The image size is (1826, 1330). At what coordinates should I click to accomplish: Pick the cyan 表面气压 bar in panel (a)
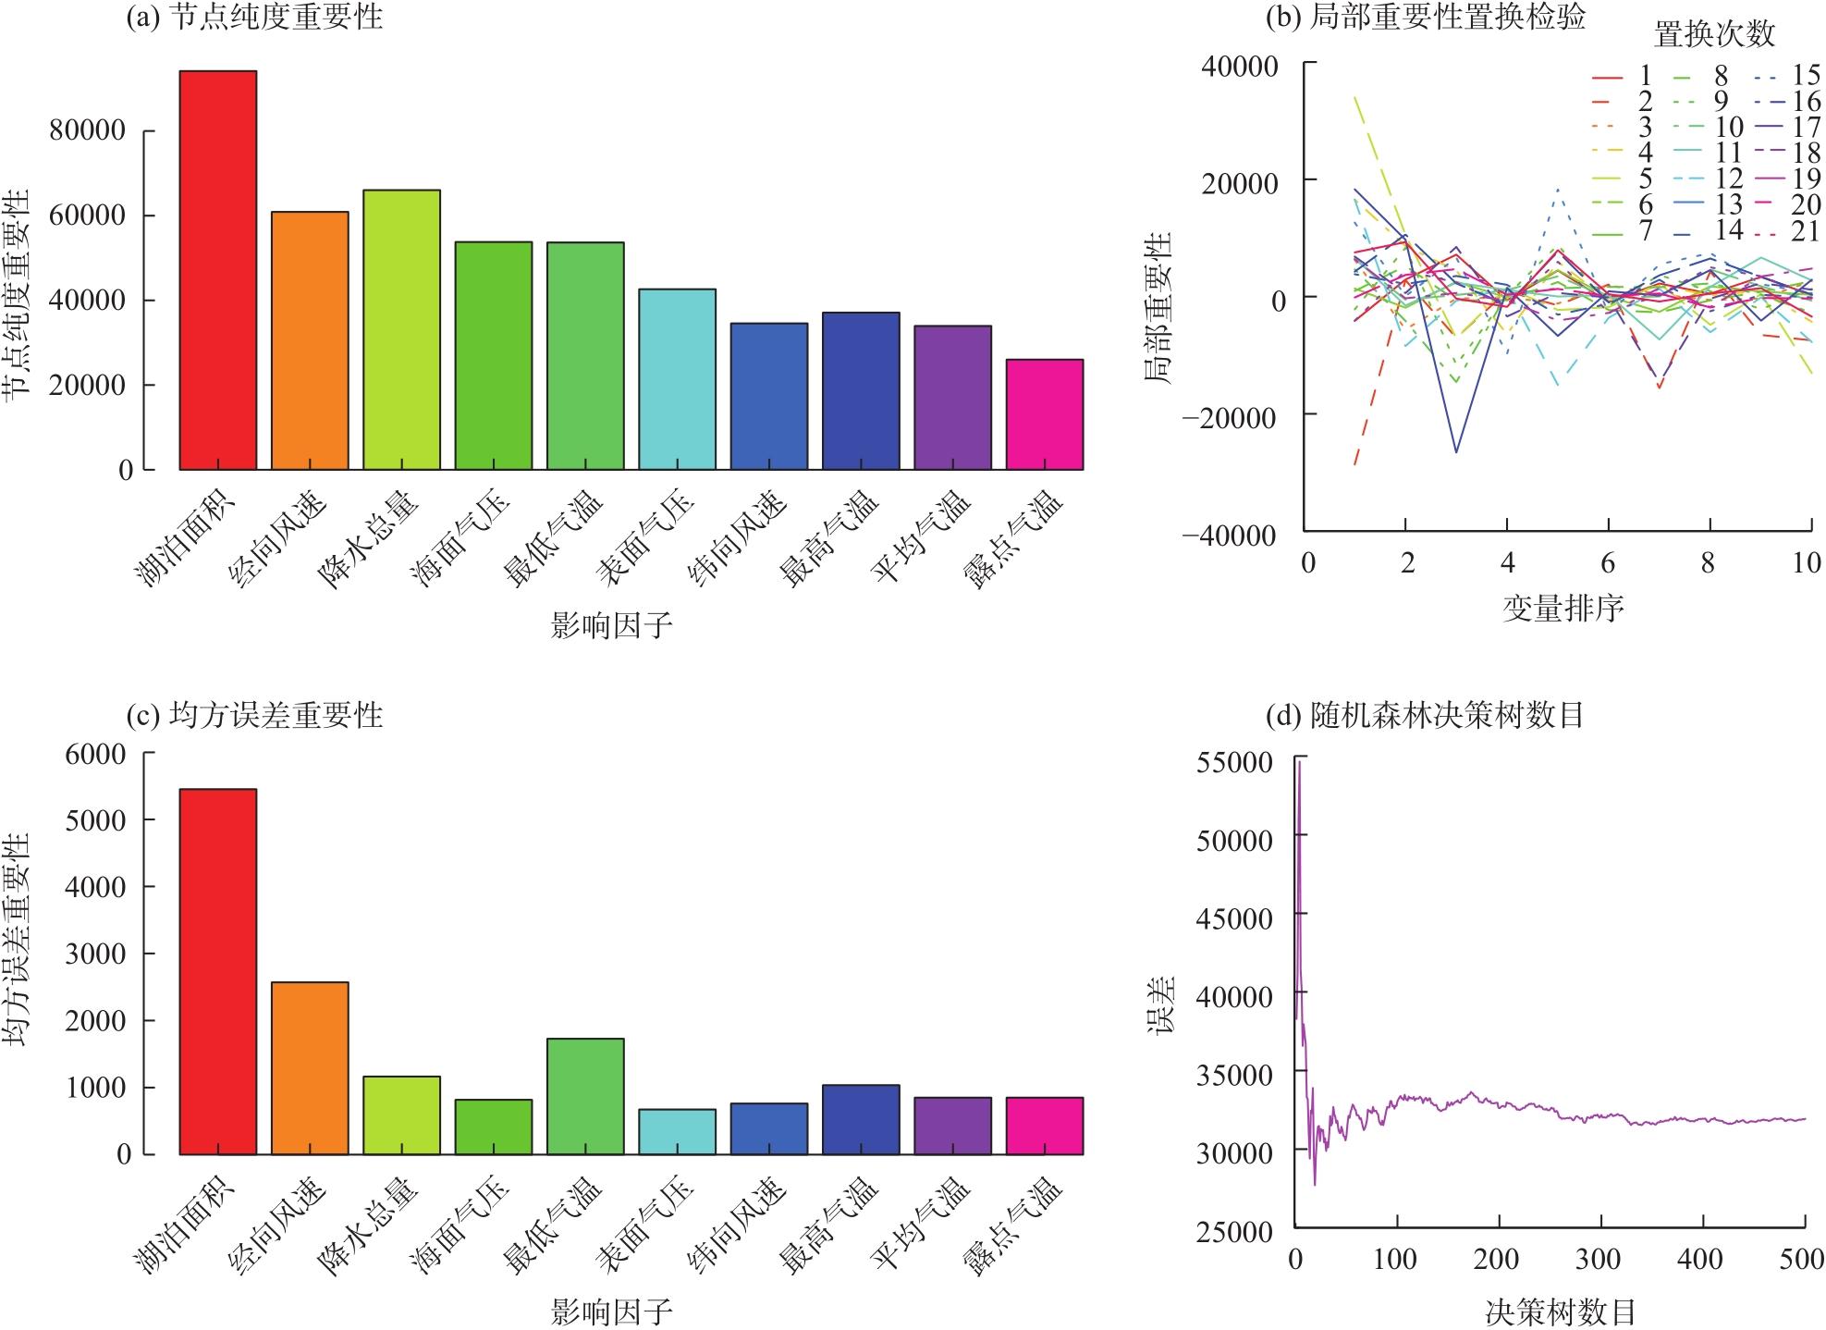tap(677, 379)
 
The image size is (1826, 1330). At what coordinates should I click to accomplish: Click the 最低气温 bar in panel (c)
tap(585, 1096)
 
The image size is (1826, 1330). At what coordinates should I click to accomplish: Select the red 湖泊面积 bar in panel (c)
tap(217, 971)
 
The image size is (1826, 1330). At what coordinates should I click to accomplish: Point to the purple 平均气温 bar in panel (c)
tap(952, 1126)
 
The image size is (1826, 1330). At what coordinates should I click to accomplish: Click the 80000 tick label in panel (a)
tap(88, 130)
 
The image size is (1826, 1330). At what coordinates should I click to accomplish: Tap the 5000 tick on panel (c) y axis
tap(96, 820)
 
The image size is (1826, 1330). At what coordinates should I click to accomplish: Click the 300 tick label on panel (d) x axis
tap(1599, 1259)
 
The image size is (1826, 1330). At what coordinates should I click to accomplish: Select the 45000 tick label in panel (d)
tap(1233, 917)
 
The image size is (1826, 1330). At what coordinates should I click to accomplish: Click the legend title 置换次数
tap(1714, 35)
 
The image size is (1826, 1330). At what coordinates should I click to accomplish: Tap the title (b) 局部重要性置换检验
tap(1425, 18)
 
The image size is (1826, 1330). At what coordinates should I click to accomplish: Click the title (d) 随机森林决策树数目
tap(1425, 715)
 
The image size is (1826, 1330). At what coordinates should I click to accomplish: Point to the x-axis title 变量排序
tap(1563, 608)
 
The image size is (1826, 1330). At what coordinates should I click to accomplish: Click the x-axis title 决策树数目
tap(1561, 1312)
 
